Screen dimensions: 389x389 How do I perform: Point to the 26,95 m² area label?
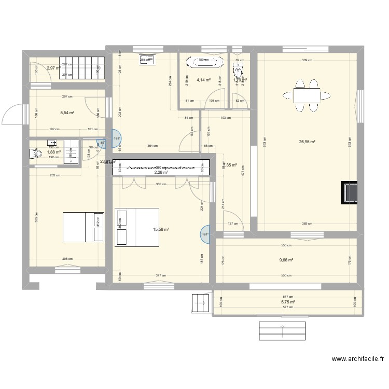pos(307,141)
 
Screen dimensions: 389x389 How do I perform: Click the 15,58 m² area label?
pos(161,229)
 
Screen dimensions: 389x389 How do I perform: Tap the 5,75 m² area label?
pos(288,302)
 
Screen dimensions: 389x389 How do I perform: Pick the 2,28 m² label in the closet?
pos(161,173)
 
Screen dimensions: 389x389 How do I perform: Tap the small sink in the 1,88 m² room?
pos(52,142)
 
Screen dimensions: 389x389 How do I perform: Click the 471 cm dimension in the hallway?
pos(242,175)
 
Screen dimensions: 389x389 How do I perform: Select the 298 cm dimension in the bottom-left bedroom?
pos(67,259)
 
